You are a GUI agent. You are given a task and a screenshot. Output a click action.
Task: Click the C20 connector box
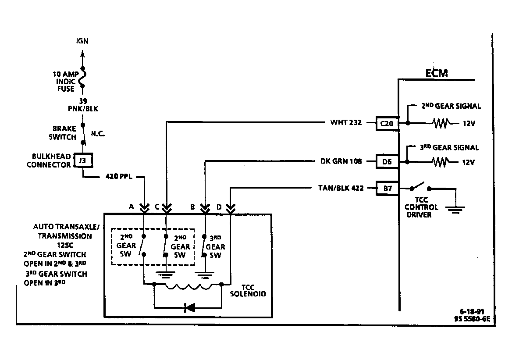pos(387,124)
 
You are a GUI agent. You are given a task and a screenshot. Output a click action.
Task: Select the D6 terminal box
pos(387,161)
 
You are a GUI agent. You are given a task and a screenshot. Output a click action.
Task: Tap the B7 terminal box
pos(387,188)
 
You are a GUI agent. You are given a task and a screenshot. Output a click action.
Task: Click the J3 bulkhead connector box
pos(82,160)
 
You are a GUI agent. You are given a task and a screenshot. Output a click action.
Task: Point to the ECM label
pos(437,73)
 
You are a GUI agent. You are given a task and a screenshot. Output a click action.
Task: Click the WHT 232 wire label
pos(346,122)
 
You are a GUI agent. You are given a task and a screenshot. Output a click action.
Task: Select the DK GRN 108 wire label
pos(341,161)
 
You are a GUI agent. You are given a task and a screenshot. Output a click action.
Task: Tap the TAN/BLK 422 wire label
pos(341,188)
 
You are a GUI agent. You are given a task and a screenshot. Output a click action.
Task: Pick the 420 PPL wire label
pos(119,176)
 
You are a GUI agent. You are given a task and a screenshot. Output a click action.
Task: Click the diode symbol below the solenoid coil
pos(190,307)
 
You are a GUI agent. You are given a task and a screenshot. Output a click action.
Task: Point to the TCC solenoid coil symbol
pos(188,286)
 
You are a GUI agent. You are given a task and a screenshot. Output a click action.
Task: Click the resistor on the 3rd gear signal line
pos(441,162)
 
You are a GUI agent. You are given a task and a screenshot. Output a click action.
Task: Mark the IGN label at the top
pos(82,41)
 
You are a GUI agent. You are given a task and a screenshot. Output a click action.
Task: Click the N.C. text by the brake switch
pos(98,134)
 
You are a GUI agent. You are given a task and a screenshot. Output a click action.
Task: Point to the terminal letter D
pos(219,207)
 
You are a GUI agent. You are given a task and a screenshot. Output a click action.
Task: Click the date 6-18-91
pos(472,312)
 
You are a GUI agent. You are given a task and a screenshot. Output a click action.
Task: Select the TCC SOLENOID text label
pos(248,290)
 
